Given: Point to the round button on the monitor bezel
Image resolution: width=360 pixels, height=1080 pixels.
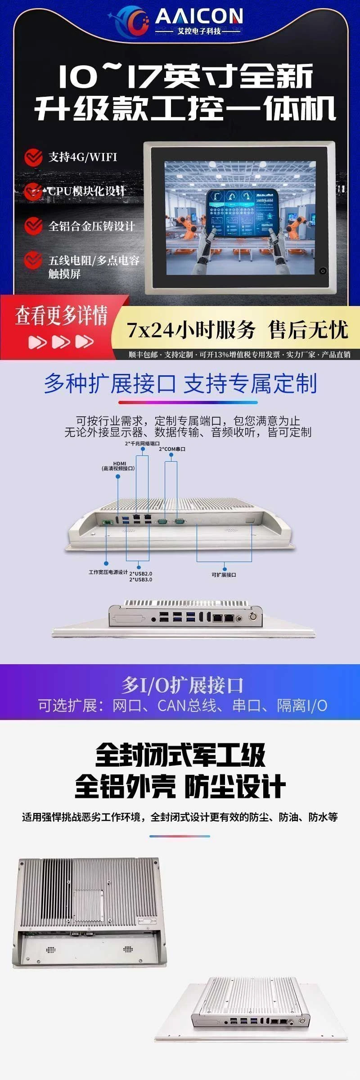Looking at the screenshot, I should pyautogui.click(x=322, y=271).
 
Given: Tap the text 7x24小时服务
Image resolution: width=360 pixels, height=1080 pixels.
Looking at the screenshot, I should pyautogui.click(x=191, y=330).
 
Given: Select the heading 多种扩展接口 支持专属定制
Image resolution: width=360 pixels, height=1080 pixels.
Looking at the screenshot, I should pyautogui.click(x=180, y=384).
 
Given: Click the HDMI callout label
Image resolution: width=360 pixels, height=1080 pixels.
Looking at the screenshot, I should pyautogui.click(x=118, y=466).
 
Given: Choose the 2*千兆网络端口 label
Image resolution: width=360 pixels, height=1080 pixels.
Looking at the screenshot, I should pyautogui.click(x=142, y=443).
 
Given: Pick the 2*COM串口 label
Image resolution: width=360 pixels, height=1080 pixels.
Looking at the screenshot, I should pyautogui.click(x=172, y=449).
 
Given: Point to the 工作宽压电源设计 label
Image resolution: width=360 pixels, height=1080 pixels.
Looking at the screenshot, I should pyautogui.click(x=108, y=572).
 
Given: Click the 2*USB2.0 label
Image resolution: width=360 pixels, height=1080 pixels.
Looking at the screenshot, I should pyautogui.click(x=141, y=574).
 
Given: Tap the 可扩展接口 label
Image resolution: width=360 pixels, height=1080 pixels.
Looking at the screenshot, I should pyautogui.click(x=224, y=575).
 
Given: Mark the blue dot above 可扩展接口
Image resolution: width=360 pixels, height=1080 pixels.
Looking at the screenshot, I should pyautogui.click(x=225, y=569).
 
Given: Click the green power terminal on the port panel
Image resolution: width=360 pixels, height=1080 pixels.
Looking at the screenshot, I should pyautogui.click(x=108, y=522).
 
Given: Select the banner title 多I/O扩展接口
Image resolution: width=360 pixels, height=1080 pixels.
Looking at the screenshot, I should pyautogui.click(x=182, y=685).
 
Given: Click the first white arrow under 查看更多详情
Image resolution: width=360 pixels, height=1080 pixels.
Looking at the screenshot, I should pyautogui.click(x=37, y=342).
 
